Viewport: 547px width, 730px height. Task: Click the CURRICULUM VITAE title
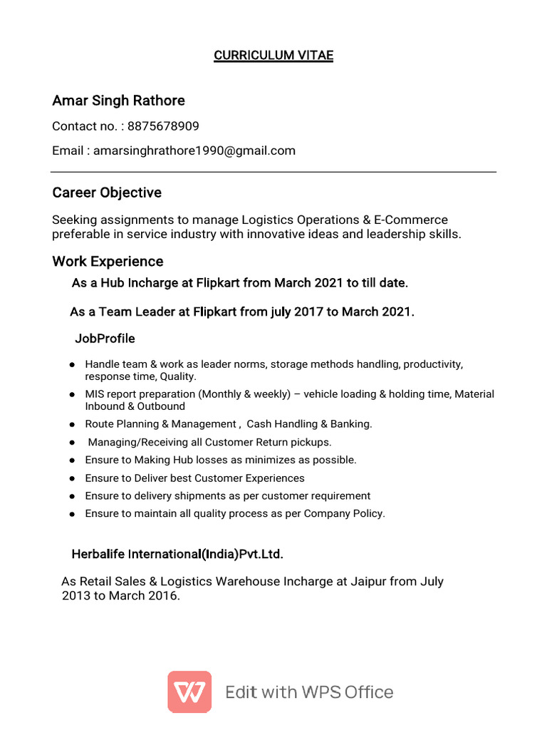coord(273,56)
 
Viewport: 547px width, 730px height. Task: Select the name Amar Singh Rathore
coord(118,101)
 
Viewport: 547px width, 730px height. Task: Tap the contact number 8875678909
coord(163,126)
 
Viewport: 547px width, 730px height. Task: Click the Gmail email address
coord(194,150)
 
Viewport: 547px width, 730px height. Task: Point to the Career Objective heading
coord(107,192)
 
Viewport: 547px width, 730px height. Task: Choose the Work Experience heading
coord(108,261)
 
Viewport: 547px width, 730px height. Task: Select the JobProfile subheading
coord(105,338)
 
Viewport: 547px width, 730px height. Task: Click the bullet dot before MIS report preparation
coord(73,394)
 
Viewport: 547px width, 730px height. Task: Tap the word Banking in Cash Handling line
coord(350,424)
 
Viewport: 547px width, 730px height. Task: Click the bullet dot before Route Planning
coord(73,424)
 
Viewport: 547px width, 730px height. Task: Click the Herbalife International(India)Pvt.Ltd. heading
coord(177,554)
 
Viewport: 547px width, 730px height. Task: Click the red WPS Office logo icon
coord(189,692)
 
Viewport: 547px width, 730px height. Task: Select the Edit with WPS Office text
coord(309,692)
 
